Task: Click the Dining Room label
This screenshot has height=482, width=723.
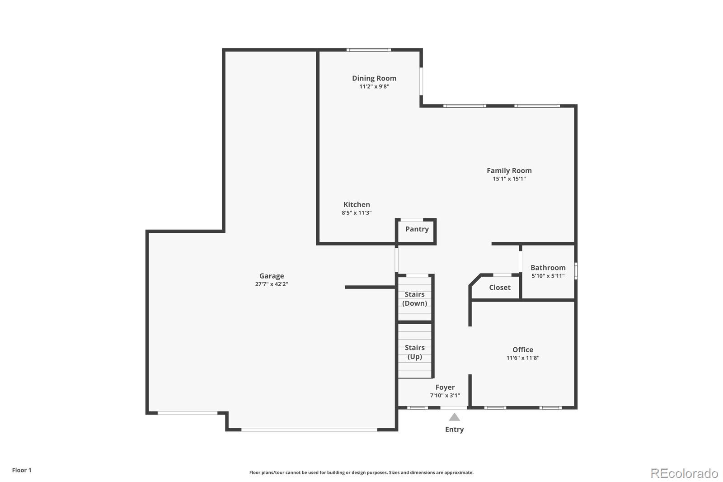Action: pos(374,78)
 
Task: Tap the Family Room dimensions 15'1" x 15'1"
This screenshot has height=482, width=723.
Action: pos(509,179)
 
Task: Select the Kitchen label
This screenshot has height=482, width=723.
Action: pos(357,204)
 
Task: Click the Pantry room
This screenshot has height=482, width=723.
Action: pos(416,232)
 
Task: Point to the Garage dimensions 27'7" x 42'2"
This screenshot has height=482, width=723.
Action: pos(272,284)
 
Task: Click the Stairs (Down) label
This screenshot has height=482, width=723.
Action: pos(415,298)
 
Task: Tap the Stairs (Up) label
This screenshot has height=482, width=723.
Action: pos(415,352)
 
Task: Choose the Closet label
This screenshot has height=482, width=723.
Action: pos(500,287)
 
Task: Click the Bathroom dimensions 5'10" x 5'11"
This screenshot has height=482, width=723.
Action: pos(548,275)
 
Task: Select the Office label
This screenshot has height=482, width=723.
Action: pos(523,350)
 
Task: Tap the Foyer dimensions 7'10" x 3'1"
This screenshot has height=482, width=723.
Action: pos(445,395)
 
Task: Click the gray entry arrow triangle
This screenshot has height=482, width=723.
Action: pos(455,417)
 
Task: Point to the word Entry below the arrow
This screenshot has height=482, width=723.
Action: pos(455,430)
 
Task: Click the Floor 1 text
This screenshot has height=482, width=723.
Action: pos(22,470)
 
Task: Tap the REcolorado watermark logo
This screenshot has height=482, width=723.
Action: pos(684,473)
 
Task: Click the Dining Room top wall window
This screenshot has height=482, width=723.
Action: pos(369,50)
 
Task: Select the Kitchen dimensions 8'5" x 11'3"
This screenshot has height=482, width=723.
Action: pos(357,213)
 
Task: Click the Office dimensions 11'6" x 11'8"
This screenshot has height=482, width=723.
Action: pos(523,358)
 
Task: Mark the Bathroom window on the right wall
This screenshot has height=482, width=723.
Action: pos(576,271)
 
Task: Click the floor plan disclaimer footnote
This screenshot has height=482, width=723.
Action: pos(361,473)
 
